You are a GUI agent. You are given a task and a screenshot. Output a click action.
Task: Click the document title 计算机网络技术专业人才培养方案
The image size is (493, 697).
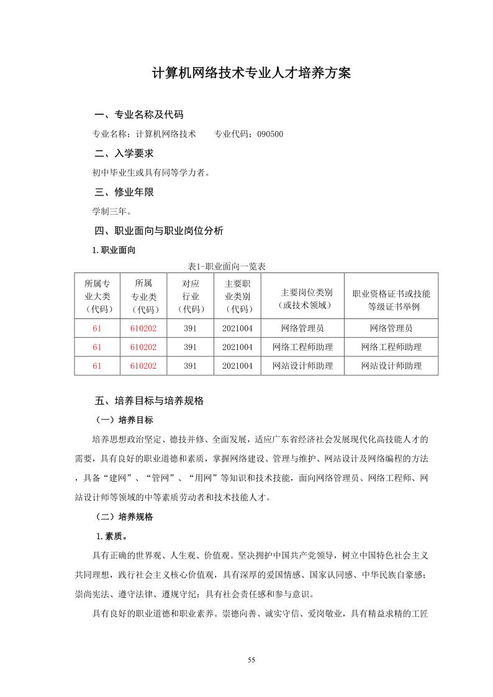tap(251, 73)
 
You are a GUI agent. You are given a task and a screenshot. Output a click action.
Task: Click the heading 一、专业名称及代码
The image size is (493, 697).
tap(138, 115)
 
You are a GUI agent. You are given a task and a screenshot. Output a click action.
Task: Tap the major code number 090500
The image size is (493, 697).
tap(269, 133)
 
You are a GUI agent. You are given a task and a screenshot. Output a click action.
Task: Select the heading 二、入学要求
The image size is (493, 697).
tap(124, 153)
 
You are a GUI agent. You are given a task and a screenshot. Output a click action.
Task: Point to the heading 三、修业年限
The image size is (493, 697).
tap(124, 192)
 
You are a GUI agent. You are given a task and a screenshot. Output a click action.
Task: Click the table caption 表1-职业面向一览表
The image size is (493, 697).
tap(227, 266)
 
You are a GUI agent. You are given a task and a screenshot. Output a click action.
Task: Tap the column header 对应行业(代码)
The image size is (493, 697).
tap(190, 295)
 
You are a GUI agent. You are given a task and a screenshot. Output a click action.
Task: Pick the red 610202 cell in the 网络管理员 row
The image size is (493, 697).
tap(143, 328)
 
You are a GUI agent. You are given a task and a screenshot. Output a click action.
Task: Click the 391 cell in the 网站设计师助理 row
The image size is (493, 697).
tap(190, 366)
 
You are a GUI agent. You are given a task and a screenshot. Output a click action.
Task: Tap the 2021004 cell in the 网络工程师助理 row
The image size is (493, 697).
tap(237, 347)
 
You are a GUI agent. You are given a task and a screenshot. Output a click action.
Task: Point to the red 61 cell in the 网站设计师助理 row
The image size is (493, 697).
tap(97, 366)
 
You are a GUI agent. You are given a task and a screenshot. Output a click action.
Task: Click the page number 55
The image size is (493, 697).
tap(251, 660)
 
